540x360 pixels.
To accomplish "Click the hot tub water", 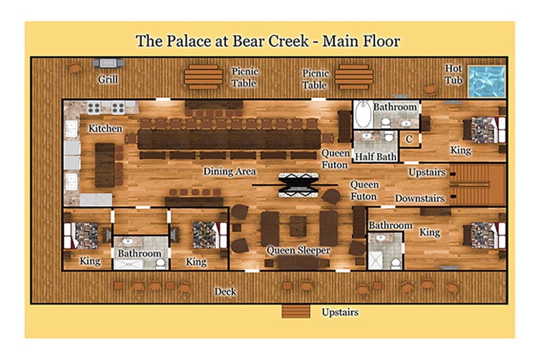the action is (487, 81).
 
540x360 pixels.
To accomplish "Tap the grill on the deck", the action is (108, 63).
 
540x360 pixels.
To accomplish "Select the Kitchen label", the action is (105, 128).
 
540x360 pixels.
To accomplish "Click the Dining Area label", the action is (230, 171).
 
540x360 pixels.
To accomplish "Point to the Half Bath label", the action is (375, 157).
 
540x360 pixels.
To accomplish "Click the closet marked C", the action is (409, 139).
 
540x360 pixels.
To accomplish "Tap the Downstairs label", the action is (420, 199).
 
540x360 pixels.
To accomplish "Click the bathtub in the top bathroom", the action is (364, 114).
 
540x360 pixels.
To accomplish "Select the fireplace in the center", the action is (298, 185).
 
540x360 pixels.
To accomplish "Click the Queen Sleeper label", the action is (298, 251).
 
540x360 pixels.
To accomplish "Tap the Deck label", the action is (225, 292).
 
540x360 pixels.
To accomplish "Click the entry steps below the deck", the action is (296, 311).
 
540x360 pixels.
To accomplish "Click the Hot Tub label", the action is (453, 74).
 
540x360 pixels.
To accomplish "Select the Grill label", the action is (108, 79).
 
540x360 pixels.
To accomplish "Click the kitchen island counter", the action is (104, 165).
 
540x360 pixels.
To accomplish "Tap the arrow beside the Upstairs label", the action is (453, 174).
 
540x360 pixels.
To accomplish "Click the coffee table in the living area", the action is (298, 226).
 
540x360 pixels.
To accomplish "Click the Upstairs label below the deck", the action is (340, 312).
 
